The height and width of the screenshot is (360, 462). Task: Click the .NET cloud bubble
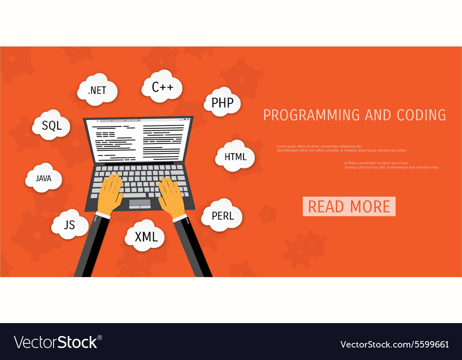click(x=97, y=90)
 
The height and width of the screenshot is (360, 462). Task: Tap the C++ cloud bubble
click(x=162, y=86)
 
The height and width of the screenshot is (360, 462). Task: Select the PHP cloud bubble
click(x=223, y=102)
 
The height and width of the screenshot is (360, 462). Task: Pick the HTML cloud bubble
click(x=235, y=156)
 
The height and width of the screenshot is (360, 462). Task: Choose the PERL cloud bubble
click(x=223, y=215)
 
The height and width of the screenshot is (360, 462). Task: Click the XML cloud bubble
click(x=146, y=237)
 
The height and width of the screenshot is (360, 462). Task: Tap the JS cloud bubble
click(x=70, y=225)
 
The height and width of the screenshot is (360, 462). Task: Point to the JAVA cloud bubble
click(x=44, y=178)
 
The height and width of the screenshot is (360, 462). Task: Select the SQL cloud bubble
click(x=51, y=125)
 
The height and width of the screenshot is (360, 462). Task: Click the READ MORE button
click(x=349, y=206)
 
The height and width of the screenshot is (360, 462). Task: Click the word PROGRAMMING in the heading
click(x=311, y=115)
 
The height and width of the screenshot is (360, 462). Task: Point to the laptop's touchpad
click(x=140, y=203)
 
